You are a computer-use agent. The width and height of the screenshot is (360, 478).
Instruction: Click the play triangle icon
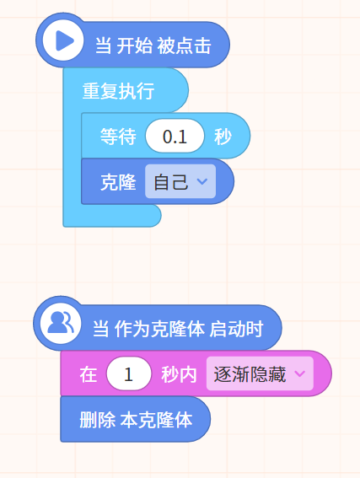64,40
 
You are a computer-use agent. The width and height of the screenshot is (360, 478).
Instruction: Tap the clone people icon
61,323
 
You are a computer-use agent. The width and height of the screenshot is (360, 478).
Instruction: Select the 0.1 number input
175,136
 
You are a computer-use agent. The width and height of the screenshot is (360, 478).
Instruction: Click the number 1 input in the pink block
129,373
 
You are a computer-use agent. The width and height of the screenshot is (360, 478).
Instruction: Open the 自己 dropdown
180,181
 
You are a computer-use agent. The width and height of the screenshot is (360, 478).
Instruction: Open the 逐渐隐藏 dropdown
260,373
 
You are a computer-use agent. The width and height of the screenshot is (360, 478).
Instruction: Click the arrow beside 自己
202,181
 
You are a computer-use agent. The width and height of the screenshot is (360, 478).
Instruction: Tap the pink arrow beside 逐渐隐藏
299,373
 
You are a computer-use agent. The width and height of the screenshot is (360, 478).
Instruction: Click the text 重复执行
118,91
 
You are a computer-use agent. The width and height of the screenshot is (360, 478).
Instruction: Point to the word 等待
118,136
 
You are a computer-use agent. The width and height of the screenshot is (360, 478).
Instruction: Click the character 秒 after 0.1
223,137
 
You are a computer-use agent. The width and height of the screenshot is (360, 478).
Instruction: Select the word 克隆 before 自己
118,182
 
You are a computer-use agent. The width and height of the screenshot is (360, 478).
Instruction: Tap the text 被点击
184,46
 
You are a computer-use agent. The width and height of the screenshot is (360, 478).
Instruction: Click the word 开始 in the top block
135,46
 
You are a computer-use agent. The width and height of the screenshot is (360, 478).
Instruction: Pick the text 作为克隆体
159,329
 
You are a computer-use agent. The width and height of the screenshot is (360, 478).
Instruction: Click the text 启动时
236,329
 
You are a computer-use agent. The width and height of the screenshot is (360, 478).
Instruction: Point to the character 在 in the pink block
89,374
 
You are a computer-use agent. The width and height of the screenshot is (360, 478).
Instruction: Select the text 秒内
179,374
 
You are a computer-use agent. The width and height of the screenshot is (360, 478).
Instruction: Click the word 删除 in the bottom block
98,420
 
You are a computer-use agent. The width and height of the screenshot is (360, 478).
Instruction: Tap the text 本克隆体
156,420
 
